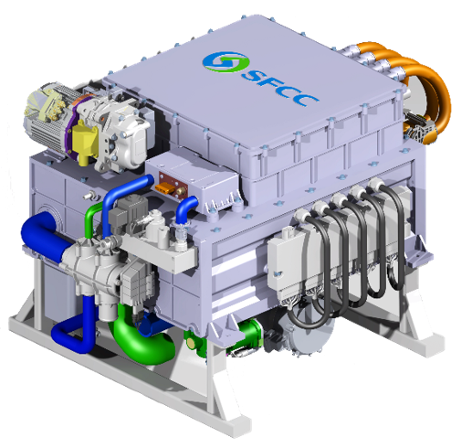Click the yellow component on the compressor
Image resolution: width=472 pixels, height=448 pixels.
tap(85, 141)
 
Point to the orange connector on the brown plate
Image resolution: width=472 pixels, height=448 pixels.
tap(165, 187)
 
